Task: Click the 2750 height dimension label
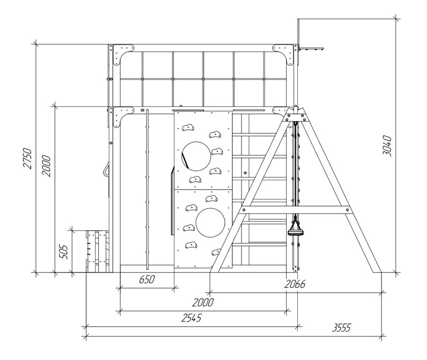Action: tap(28, 158)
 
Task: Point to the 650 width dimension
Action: tap(147, 279)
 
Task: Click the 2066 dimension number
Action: tap(295, 284)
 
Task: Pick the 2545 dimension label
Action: tap(192, 318)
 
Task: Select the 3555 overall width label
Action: tap(342, 327)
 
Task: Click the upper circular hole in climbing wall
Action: tap(196, 156)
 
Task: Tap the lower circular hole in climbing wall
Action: tap(210, 223)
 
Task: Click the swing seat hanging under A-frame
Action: tap(296, 232)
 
